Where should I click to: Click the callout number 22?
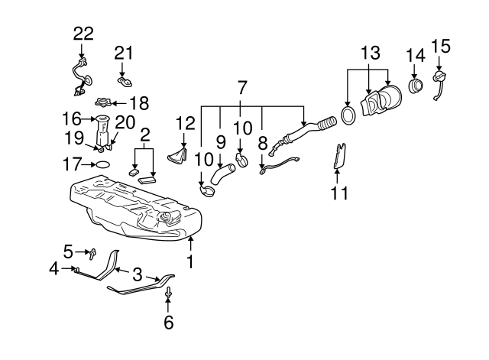tap(83, 33)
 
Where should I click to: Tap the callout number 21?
tap(124, 52)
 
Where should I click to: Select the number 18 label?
tap(138, 103)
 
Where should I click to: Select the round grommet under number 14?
tap(416, 85)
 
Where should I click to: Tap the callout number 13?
tap(370, 53)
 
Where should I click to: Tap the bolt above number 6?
tap(167, 293)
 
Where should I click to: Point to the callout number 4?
tap(54, 268)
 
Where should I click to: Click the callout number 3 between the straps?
tap(138, 274)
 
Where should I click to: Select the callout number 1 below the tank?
tap(191, 261)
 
